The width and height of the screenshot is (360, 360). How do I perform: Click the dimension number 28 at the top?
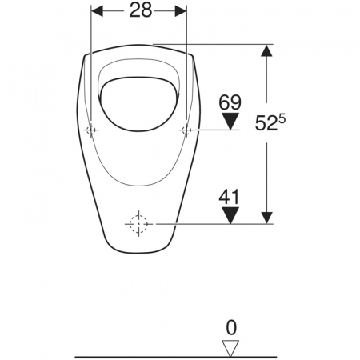(141, 11)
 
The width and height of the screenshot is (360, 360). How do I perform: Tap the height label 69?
(230, 102)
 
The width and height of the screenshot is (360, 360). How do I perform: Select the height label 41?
(230, 197)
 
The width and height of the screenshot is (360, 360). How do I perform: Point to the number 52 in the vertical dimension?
(266, 123)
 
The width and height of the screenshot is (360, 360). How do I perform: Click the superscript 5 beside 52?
(282, 118)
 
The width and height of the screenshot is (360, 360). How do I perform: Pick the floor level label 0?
(231, 328)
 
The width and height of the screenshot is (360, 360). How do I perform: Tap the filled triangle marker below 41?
(230, 215)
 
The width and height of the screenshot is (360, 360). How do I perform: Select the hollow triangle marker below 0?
(230, 348)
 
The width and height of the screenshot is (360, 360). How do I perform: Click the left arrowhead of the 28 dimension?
(97, 11)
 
